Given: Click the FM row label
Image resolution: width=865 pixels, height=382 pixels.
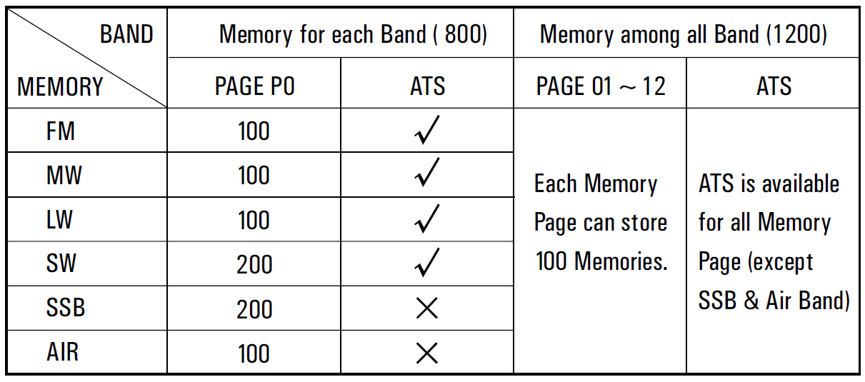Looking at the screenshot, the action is click(x=60, y=131).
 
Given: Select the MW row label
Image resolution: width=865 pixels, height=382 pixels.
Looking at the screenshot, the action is click(x=64, y=176).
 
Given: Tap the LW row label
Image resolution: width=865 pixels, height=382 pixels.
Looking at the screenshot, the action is click(x=59, y=220).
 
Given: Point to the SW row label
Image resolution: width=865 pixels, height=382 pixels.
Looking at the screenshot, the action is click(x=61, y=263).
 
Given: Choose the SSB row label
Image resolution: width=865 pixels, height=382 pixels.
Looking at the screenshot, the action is click(x=66, y=308).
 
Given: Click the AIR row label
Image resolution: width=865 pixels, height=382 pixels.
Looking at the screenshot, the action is click(x=63, y=352).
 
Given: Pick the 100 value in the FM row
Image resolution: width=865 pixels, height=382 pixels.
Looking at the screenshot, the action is click(x=254, y=131).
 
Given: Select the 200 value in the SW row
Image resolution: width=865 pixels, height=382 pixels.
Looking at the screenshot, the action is click(x=254, y=265).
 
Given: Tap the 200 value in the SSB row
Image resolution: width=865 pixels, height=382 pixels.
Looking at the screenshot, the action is click(x=254, y=309).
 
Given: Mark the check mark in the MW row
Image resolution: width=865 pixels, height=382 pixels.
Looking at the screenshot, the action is click(x=427, y=172).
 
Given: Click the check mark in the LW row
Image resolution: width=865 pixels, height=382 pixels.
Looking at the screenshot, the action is click(x=427, y=218).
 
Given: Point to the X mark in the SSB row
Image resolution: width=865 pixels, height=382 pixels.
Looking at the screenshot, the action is click(x=427, y=308).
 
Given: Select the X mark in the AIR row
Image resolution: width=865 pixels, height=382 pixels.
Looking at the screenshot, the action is click(x=427, y=353).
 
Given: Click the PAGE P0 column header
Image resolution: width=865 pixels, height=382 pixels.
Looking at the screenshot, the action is click(x=255, y=86).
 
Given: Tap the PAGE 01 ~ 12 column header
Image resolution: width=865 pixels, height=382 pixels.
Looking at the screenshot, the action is click(x=601, y=86).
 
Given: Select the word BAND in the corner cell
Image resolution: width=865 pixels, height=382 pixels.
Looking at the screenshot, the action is click(x=126, y=34).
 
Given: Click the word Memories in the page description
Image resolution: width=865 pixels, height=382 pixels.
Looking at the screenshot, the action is click(x=621, y=261).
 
